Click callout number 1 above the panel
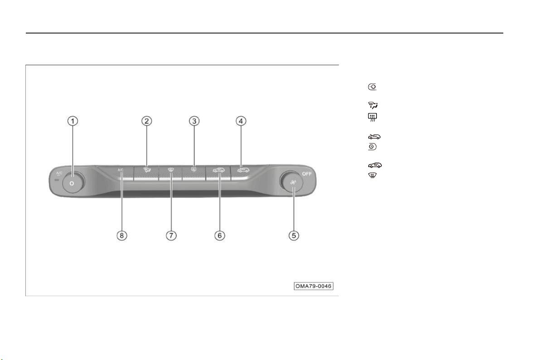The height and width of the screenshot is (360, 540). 72,121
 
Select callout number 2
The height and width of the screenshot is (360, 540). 147,121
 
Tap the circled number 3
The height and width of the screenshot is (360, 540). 194,121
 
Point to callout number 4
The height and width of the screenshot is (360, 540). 241,121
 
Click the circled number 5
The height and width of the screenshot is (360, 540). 294,235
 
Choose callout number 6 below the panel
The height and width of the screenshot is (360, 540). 220,235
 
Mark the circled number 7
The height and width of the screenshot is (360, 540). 171,235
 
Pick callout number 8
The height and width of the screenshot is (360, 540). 121,235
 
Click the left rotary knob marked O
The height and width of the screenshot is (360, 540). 73,182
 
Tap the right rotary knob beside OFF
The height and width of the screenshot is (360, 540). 291,182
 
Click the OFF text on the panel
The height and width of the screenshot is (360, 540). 307,174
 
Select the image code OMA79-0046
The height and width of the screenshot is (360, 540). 313,286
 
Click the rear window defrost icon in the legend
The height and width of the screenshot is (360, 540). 372,117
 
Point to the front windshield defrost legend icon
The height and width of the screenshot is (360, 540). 372,176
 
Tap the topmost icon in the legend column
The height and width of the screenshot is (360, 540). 372,87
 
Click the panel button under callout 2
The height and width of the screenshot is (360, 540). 146,173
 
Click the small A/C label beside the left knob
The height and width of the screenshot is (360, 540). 59,173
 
